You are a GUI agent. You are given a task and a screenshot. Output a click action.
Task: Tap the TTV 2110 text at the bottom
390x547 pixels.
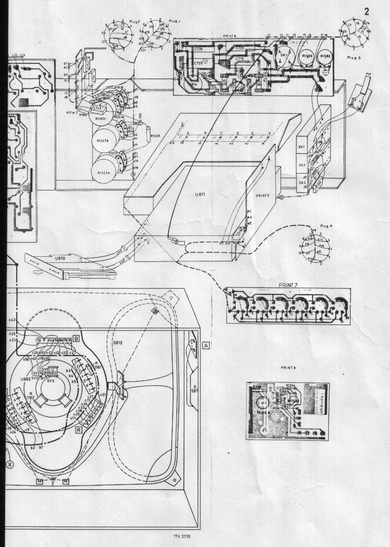[182, 536]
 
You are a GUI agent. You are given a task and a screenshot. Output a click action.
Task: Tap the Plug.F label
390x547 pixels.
[134, 21]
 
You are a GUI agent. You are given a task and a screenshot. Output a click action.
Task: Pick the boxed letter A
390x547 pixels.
[206, 345]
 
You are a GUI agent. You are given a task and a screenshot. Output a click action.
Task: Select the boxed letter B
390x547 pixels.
[75, 338]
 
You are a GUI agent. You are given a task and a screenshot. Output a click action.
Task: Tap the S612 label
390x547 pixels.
[118, 343]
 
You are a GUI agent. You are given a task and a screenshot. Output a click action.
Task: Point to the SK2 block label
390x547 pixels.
[302, 165]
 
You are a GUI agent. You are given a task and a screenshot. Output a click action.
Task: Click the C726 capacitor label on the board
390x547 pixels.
[199, 49]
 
